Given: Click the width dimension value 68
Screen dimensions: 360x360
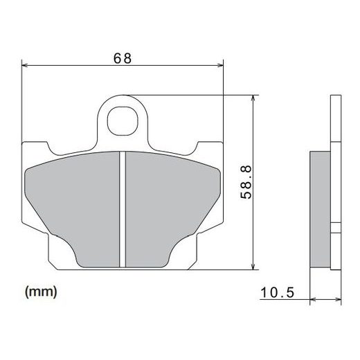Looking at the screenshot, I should point(123,59).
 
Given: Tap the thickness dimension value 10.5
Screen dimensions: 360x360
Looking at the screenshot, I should point(278,294).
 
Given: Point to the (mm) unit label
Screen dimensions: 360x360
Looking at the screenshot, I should point(41,291).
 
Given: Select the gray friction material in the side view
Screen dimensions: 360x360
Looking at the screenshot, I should point(320,208).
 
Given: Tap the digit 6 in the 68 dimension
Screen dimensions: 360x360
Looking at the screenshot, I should point(118,59).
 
